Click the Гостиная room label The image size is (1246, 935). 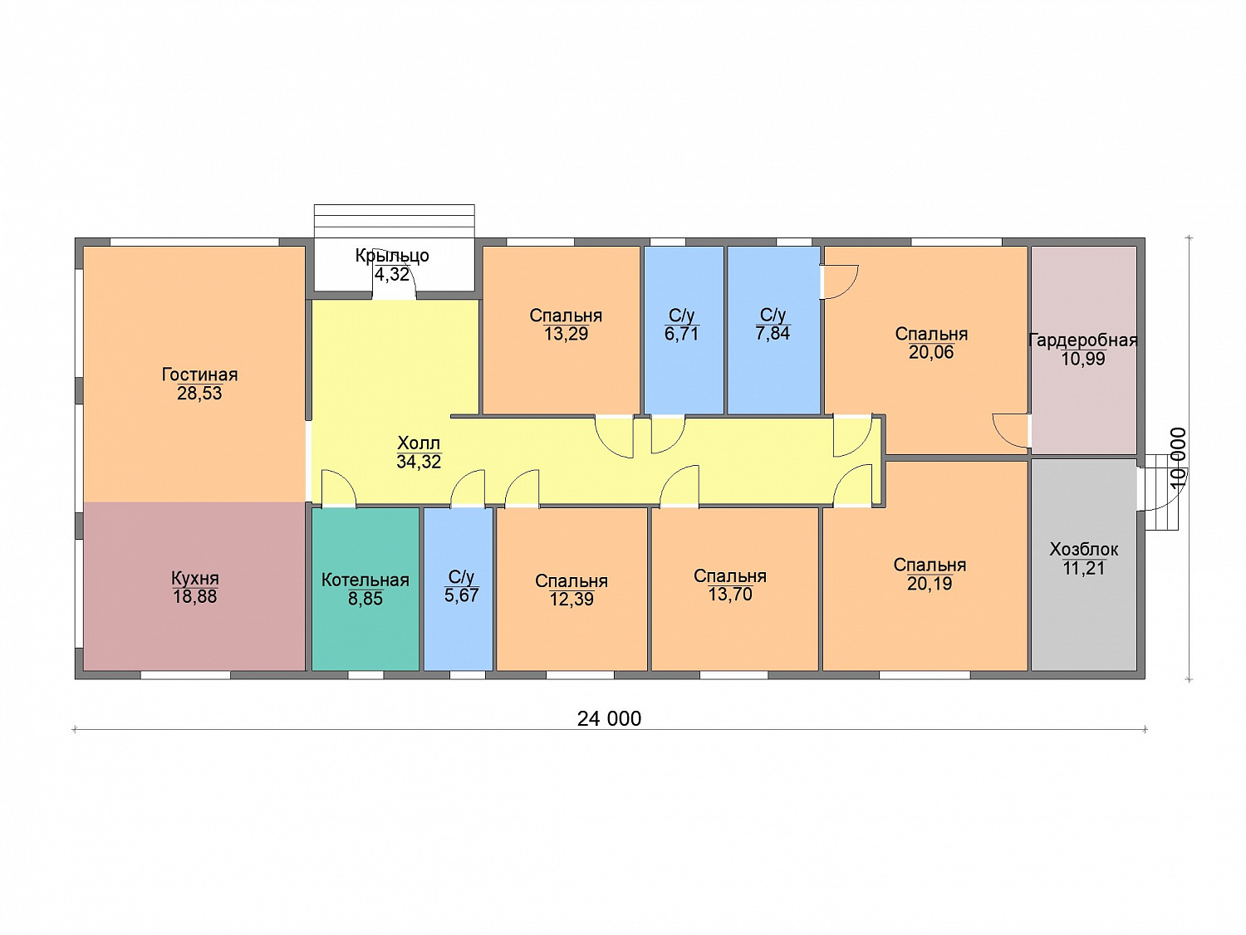click(199, 374)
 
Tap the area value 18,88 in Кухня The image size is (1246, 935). click(194, 596)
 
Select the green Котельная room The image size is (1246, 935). click(365, 589)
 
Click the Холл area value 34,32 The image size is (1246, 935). click(419, 462)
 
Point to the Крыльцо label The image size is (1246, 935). click(392, 255)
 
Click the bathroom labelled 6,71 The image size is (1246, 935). click(684, 330)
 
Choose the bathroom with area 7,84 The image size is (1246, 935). click(773, 330)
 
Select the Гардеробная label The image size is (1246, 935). click(1082, 340)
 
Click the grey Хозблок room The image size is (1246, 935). click(1083, 565)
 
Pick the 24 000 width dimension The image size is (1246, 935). click(609, 719)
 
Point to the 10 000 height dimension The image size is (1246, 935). click(1178, 458)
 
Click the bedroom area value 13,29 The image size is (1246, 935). click(566, 334)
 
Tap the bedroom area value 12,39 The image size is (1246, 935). click(571, 600)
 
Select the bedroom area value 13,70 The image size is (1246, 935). click(730, 594)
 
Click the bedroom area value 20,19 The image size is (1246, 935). click(930, 583)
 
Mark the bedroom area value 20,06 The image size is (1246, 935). click(931, 352)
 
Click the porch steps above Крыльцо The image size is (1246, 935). click(394, 221)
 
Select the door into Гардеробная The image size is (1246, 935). click(1011, 431)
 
